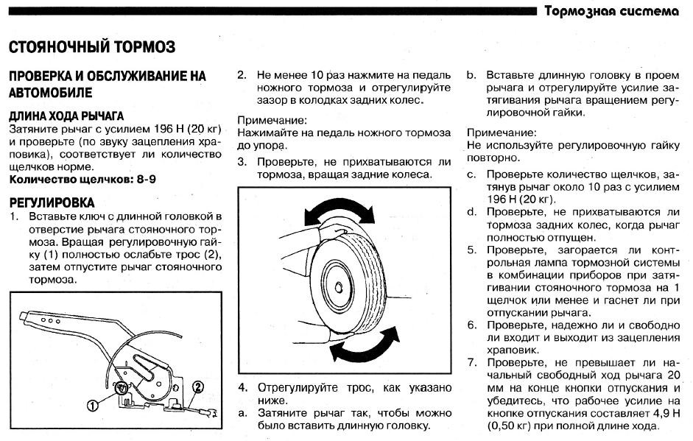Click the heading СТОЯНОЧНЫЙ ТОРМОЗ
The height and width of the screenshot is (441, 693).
coord(92,46)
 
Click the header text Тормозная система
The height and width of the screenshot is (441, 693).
coord(612,10)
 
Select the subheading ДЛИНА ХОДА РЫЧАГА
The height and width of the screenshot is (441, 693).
coord(66,116)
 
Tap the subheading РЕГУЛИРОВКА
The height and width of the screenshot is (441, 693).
coord(52,202)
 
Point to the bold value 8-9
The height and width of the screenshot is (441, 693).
coord(147,180)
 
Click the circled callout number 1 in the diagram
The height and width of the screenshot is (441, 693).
coord(92,405)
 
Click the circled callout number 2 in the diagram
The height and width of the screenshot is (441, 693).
coord(198,387)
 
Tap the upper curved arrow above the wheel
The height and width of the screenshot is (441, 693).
coord(339,212)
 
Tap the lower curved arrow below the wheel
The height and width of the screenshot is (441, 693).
coord(365,345)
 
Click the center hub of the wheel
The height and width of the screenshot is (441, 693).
coord(339,287)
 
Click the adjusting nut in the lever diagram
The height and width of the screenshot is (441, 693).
coord(121,387)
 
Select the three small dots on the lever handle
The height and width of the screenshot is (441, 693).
coord(50,320)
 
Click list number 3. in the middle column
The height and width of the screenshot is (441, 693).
coord(242,162)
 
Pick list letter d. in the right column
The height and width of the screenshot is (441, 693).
coord(472,212)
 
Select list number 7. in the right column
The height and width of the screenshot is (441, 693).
coord(472,363)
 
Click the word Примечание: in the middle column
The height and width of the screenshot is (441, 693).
coord(272,120)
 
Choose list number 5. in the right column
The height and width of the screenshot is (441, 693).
coord(472,250)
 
